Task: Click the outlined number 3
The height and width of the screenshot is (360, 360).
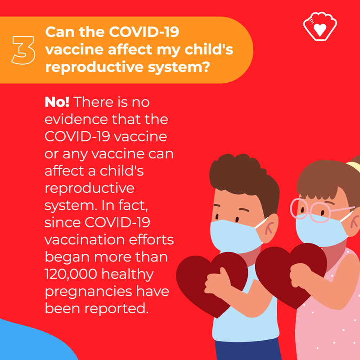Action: click(23, 50)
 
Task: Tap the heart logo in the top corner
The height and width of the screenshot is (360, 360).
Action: click(320, 27)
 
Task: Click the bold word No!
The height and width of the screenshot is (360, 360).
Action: click(57, 102)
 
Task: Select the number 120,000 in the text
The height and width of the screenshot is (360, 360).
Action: click(71, 274)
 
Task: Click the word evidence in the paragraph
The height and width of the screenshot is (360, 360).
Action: click(76, 119)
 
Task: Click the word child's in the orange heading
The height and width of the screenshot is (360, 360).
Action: click(209, 49)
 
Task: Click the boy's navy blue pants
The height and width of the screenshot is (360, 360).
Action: click(248, 350)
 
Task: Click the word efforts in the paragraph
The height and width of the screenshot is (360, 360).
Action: click(151, 240)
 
